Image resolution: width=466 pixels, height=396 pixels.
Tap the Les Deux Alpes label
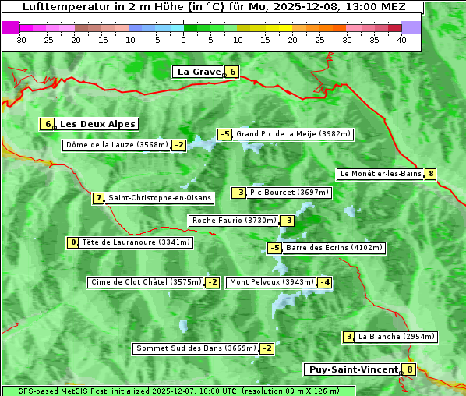coord(98,124)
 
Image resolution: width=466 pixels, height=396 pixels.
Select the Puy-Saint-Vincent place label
coord(354,369)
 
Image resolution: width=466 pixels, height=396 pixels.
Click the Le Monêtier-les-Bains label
coord(380,174)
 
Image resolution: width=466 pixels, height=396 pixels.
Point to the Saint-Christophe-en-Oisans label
coord(160,198)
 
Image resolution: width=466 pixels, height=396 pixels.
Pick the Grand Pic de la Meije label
coord(294,134)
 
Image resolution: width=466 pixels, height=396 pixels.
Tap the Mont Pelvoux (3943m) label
coord(271,282)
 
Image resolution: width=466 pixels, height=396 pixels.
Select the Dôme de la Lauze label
coord(117,145)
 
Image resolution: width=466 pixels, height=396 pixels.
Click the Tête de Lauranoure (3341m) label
coord(136,242)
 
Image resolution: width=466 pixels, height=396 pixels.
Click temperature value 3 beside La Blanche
coord(349,337)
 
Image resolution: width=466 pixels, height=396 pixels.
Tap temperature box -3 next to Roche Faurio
coord(288,221)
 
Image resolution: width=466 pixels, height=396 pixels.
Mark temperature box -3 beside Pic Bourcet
coord(239,193)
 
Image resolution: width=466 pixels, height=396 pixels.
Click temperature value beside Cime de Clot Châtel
coord(212,282)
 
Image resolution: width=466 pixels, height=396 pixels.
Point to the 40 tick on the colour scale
coord(401,40)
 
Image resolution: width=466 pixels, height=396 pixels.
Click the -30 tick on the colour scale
coord(20,40)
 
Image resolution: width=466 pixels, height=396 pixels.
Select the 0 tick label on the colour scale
coord(183,40)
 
